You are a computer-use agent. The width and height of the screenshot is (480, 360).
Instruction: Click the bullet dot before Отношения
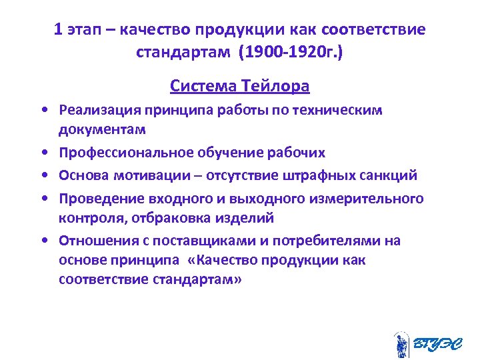coord(42,241)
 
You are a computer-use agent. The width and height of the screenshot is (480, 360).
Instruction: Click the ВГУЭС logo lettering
coord(437,345)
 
